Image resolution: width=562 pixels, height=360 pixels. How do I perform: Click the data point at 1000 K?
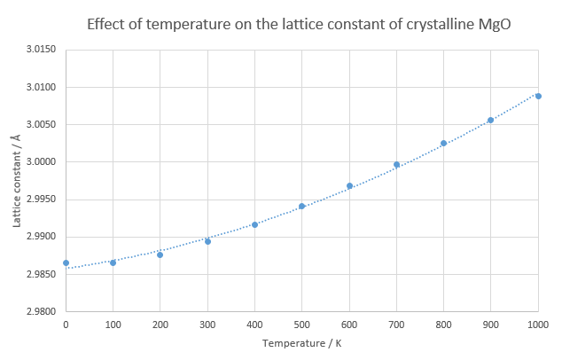[538, 96]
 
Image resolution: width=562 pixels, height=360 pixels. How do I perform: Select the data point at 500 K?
[301, 206]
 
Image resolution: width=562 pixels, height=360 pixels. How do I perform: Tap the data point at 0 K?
[66, 262]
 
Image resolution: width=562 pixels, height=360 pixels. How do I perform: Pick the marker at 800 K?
[443, 143]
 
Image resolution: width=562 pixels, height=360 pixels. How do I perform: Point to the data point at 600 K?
[349, 185]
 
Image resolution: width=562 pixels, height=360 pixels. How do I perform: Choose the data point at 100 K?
[113, 262]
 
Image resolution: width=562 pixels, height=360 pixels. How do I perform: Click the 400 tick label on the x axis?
[254, 325]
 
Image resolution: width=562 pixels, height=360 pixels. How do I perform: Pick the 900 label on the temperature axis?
[490, 325]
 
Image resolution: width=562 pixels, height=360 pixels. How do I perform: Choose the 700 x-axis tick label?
[396, 325]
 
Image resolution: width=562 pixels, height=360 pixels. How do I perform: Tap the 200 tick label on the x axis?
[160, 325]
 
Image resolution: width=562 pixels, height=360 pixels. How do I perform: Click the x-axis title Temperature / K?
[301, 343]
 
